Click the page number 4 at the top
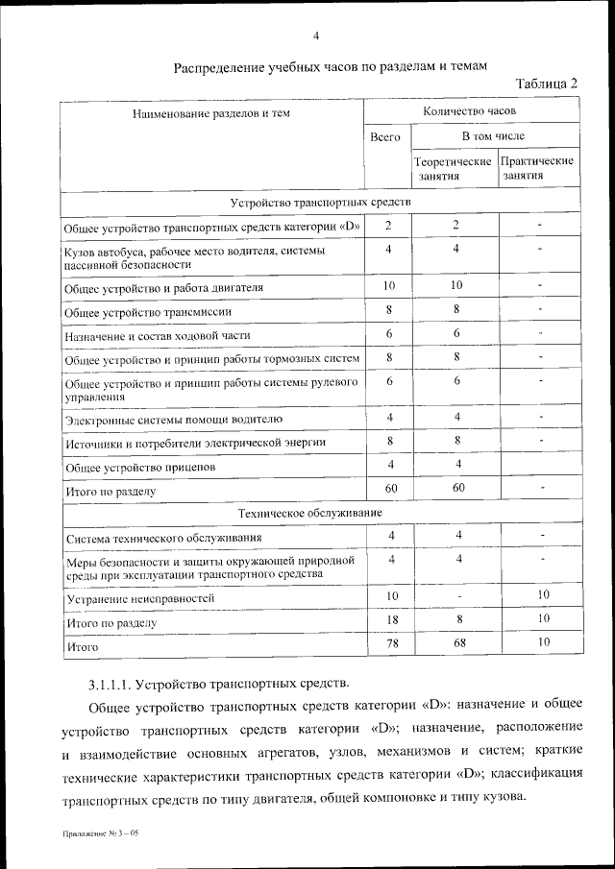point(316,36)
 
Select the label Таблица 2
point(546,84)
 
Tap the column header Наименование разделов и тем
point(211,112)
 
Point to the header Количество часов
point(470,111)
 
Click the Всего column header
point(385,137)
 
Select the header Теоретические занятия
point(455,168)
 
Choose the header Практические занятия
point(538,168)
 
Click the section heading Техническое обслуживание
point(320,514)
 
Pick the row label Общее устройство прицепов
point(139,467)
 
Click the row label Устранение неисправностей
point(139,598)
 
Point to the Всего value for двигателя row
point(389,286)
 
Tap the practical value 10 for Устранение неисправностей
point(543,595)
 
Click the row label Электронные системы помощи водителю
point(173,419)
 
